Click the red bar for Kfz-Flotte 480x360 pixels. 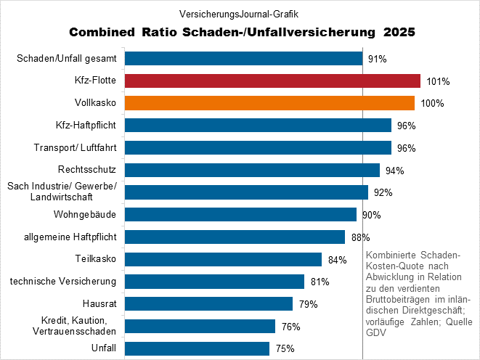click(272, 81)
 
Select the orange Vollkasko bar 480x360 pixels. click(269, 103)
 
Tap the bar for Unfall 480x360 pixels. click(197, 348)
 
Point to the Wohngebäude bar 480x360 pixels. click(240, 215)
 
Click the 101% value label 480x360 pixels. click(439, 81)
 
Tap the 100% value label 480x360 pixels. click(432, 104)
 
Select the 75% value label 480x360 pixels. click(285, 349)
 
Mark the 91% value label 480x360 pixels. click(378, 59)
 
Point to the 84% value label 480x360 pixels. click(337, 260)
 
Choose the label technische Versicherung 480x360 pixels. click(63, 281)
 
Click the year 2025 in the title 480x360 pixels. click(396, 33)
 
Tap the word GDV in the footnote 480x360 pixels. click(375, 333)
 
